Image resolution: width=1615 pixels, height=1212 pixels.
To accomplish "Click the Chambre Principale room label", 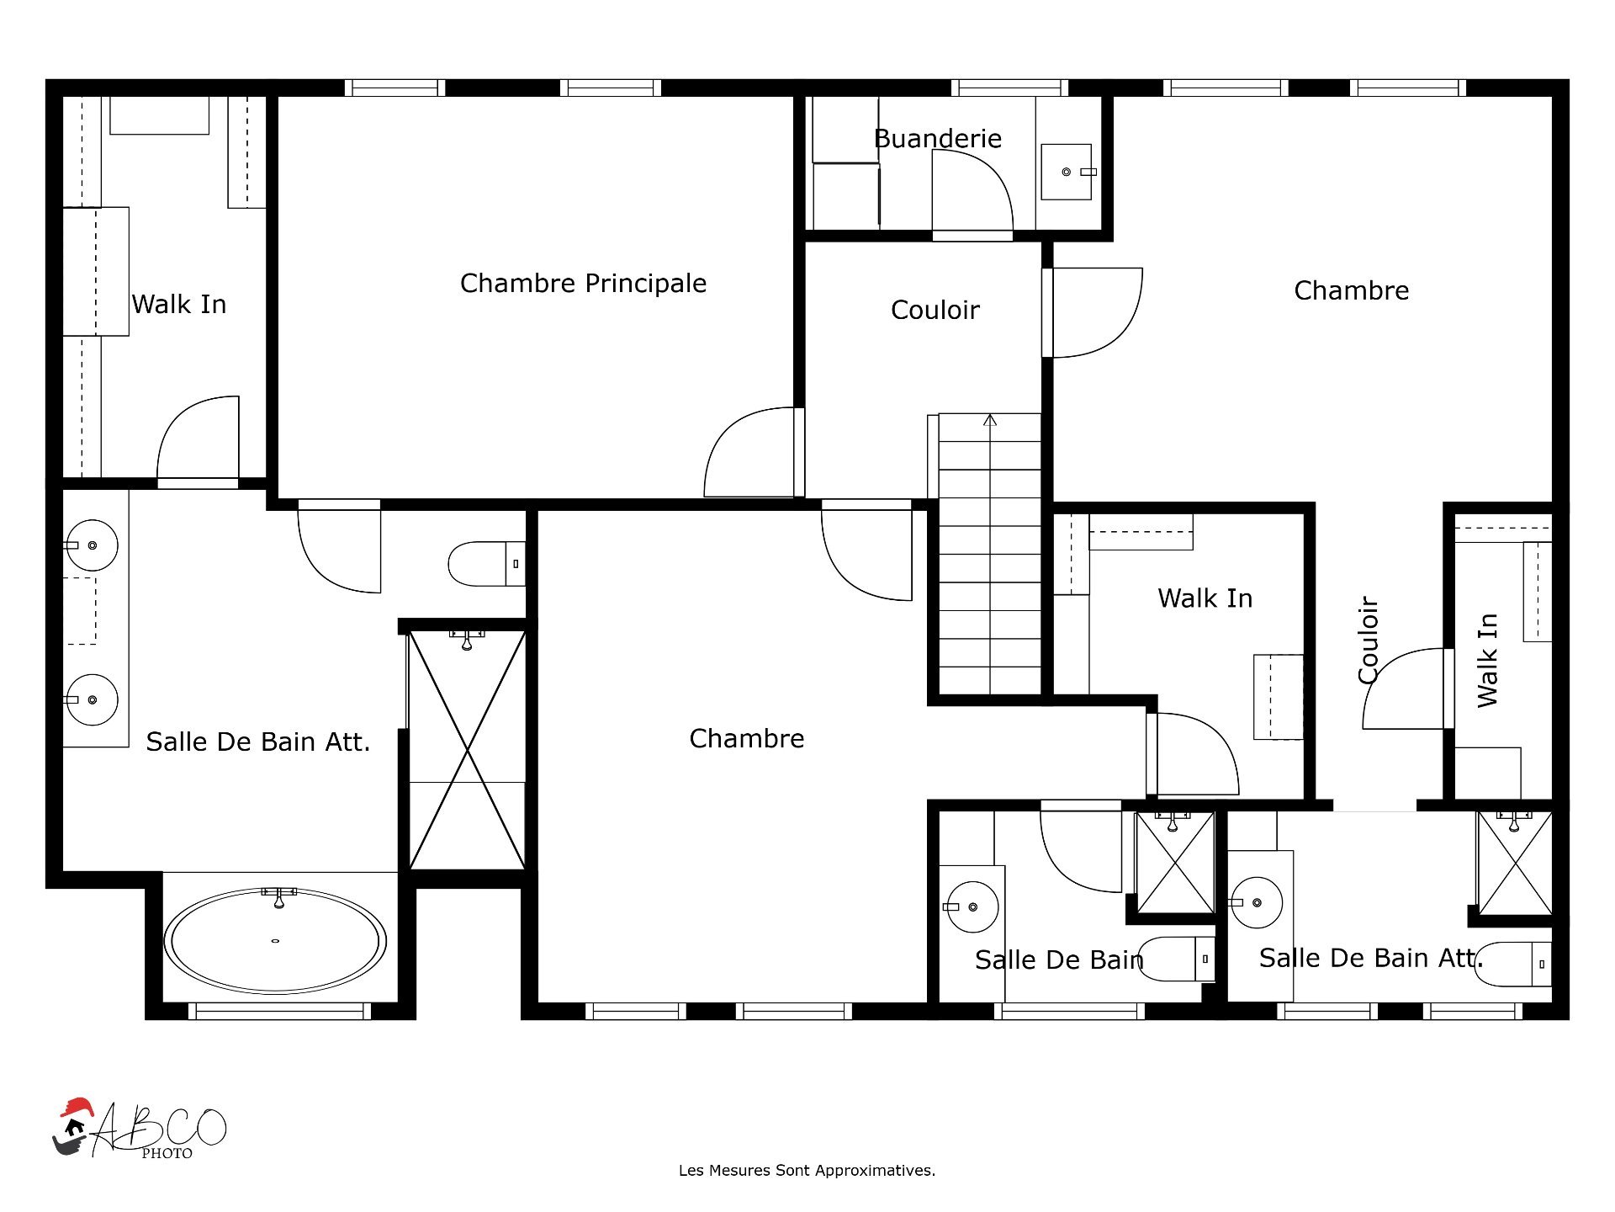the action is (583, 284).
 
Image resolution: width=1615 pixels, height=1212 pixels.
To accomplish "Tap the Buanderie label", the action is (938, 138).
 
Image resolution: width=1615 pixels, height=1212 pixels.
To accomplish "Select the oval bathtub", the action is (275, 941).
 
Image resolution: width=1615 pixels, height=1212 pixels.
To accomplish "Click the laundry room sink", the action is (1067, 172).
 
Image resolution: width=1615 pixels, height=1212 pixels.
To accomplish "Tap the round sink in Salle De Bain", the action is (972, 906).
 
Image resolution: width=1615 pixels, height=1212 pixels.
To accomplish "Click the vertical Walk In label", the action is (1488, 660).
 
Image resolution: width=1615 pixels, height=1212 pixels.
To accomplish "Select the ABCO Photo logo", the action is (140, 1129).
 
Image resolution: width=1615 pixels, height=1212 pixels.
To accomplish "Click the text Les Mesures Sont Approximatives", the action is (807, 1171).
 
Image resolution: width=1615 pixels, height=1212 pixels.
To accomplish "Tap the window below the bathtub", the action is (279, 1011).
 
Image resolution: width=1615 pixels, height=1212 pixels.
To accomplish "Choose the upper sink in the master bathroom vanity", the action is (92, 545).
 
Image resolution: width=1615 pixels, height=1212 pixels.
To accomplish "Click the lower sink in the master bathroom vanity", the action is (92, 699).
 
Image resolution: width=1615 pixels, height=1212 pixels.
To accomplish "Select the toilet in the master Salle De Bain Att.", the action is (487, 564).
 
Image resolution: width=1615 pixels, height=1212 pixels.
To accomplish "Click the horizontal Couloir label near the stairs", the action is (935, 311).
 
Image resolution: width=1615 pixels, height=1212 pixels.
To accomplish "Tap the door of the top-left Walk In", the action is (199, 438).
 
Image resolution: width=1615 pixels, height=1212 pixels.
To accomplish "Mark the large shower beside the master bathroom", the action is (467, 749).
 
